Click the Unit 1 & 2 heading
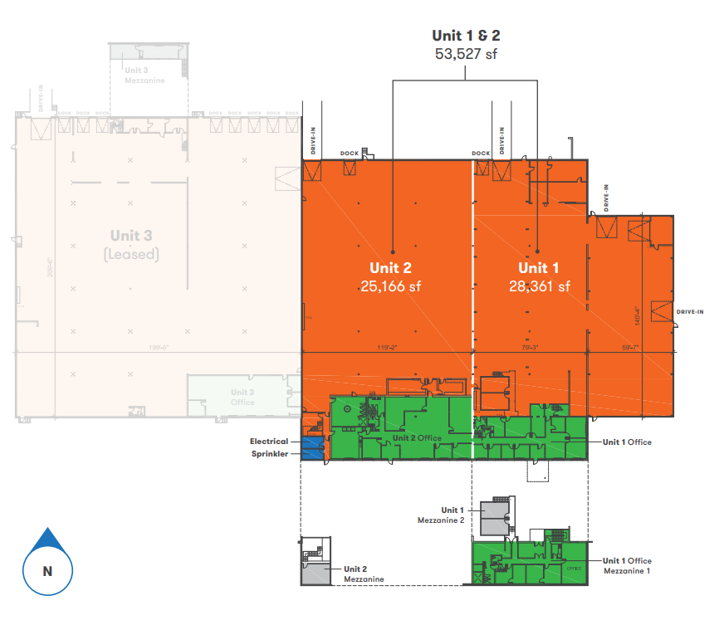pyautogui.click(x=466, y=35)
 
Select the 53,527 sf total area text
pyautogui.click(x=466, y=54)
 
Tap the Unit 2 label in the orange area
pyautogui.click(x=390, y=268)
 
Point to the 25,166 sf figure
pyautogui.click(x=390, y=286)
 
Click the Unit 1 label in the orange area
pyautogui.click(x=539, y=268)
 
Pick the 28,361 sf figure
pyautogui.click(x=539, y=286)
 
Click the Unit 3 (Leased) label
pyautogui.click(x=132, y=244)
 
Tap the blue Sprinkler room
pyautogui.click(x=311, y=451)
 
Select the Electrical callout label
pyautogui.click(x=269, y=442)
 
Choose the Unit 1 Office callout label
pyautogui.click(x=627, y=442)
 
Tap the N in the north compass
pyautogui.click(x=47, y=571)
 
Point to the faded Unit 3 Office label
pyautogui.click(x=242, y=398)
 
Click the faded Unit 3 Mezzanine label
pyautogui.click(x=144, y=76)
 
